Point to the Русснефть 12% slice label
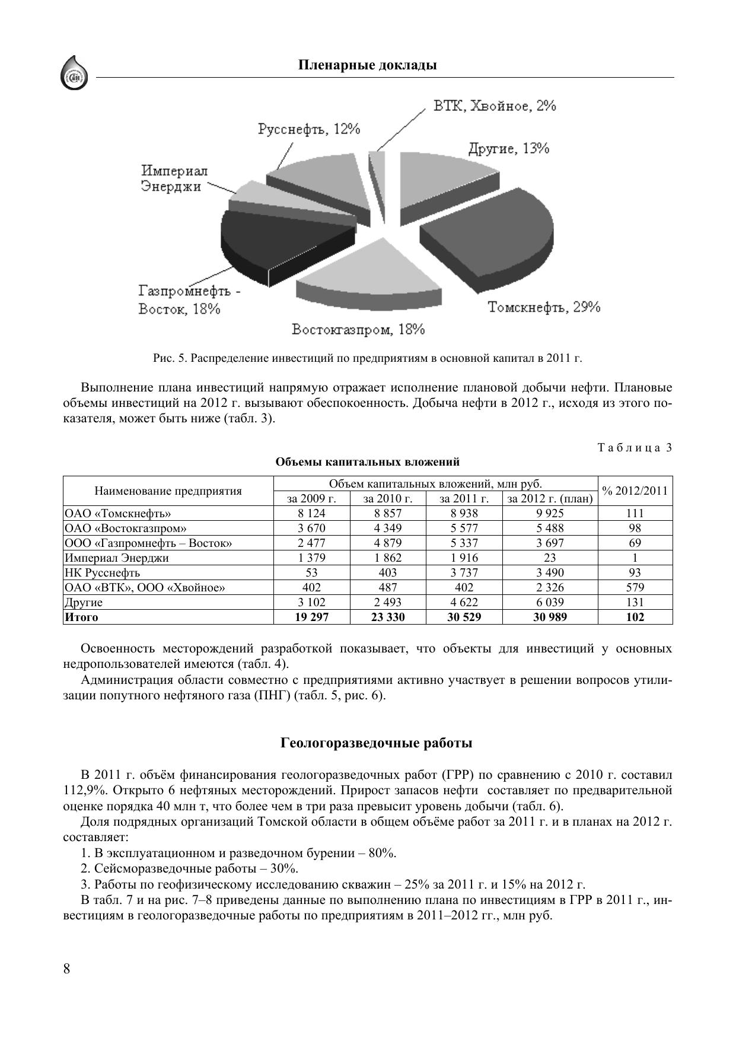pyautogui.click(x=309, y=129)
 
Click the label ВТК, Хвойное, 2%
pyautogui.click(x=494, y=106)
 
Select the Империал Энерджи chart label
pyautogui.click(x=174, y=179)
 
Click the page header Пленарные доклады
pyautogui.click(x=367, y=65)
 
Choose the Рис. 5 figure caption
pyautogui.click(x=368, y=358)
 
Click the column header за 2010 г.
pyautogui.click(x=388, y=499)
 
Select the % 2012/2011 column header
pyautogui.click(x=635, y=491)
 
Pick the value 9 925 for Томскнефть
pyautogui.click(x=550, y=514)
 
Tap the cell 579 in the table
pyautogui.click(x=635, y=588)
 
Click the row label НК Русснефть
pyautogui.click(x=103, y=573)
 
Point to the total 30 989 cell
pyautogui.click(x=550, y=617)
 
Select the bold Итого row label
pyautogui.click(x=81, y=617)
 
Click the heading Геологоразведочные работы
pyautogui.click(x=376, y=743)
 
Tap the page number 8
pyautogui.click(x=66, y=969)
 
